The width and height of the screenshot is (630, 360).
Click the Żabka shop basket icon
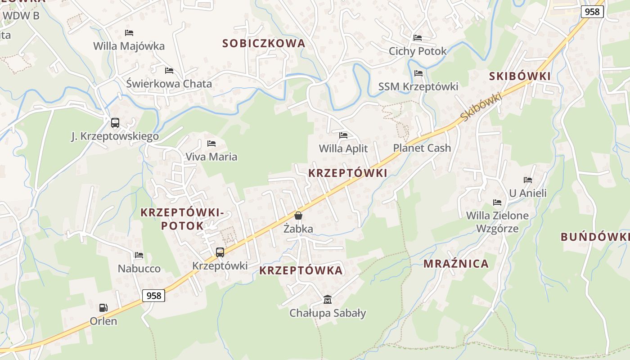pyautogui.click(x=298, y=216)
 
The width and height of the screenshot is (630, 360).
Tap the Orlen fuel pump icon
pyautogui.click(x=103, y=308)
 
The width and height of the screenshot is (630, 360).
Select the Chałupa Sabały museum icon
pyautogui.click(x=328, y=299)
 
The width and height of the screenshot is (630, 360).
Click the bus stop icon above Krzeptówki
pyautogui.click(x=220, y=252)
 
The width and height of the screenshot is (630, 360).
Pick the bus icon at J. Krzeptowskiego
pyautogui.click(x=115, y=123)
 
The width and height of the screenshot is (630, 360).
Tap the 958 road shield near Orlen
pyautogui.click(x=154, y=296)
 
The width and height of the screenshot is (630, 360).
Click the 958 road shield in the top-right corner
pyautogui.click(x=592, y=12)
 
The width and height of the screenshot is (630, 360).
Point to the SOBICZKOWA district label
pyautogui.click(x=264, y=44)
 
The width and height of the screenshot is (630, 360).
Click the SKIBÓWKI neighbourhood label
pyautogui.click(x=520, y=76)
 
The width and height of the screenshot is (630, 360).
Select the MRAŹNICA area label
pyautogui.click(x=456, y=264)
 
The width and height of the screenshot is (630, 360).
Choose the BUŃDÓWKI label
pyautogui.click(x=595, y=237)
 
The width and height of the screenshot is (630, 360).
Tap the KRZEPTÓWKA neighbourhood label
pyautogui.click(x=301, y=270)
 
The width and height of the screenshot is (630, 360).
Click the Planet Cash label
pyautogui.click(x=422, y=148)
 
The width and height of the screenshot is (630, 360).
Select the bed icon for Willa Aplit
pyautogui.click(x=343, y=135)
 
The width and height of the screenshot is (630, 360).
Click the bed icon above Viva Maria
pyautogui.click(x=211, y=144)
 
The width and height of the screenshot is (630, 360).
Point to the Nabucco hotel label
pyautogui.click(x=139, y=269)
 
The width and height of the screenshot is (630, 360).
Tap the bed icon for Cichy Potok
pyautogui.click(x=418, y=38)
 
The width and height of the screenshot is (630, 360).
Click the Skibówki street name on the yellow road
pyautogui.click(x=481, y=107)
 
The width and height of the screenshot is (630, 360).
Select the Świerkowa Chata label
pyautogui.click(x=169, y=84)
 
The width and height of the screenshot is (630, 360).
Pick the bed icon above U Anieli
pyautogui.click(x=528, y=180)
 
